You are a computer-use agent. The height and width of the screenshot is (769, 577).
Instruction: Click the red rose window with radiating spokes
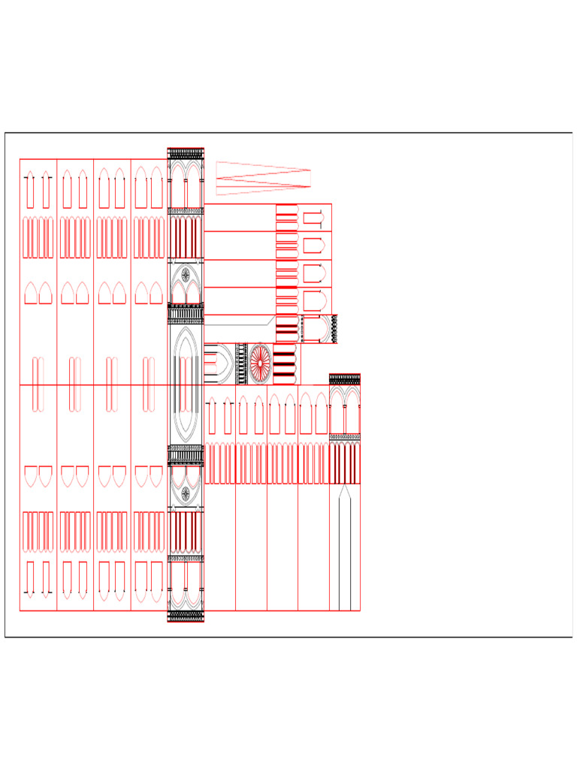pyautogui.click(x=260, y=363)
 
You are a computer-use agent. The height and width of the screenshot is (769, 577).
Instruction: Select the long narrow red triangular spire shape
pyautogui.click(x=263, y=178)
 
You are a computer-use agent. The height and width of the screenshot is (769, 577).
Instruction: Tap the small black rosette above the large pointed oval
pyautogui.click(x=186, y=275)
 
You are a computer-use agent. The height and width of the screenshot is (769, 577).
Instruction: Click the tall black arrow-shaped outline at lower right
pyautogui.click(x=345, y=548)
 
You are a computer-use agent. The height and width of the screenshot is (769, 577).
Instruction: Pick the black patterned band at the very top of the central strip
pyautogui.click(x=186, y=152)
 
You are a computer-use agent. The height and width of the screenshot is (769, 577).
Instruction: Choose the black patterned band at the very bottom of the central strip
pyautogui.click(x=186, y=616)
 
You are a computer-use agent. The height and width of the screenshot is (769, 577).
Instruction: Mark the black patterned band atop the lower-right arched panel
pyautogui.click(x=345, y=378)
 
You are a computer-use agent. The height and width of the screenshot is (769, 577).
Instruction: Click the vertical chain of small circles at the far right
pyautogui.click(x=334, y=329)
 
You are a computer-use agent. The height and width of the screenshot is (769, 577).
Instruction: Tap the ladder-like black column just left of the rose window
pyautogui.click(x=242, y=363)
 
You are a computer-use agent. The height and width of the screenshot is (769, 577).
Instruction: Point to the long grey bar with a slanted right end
pyautogui.click(x=239, y=320)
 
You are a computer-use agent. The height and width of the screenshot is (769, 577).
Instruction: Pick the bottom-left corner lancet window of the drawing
pyautogui.click(x=30, y=579)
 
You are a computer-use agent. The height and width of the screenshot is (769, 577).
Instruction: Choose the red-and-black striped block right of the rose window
pyautogui.click(x=283, y=363)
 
